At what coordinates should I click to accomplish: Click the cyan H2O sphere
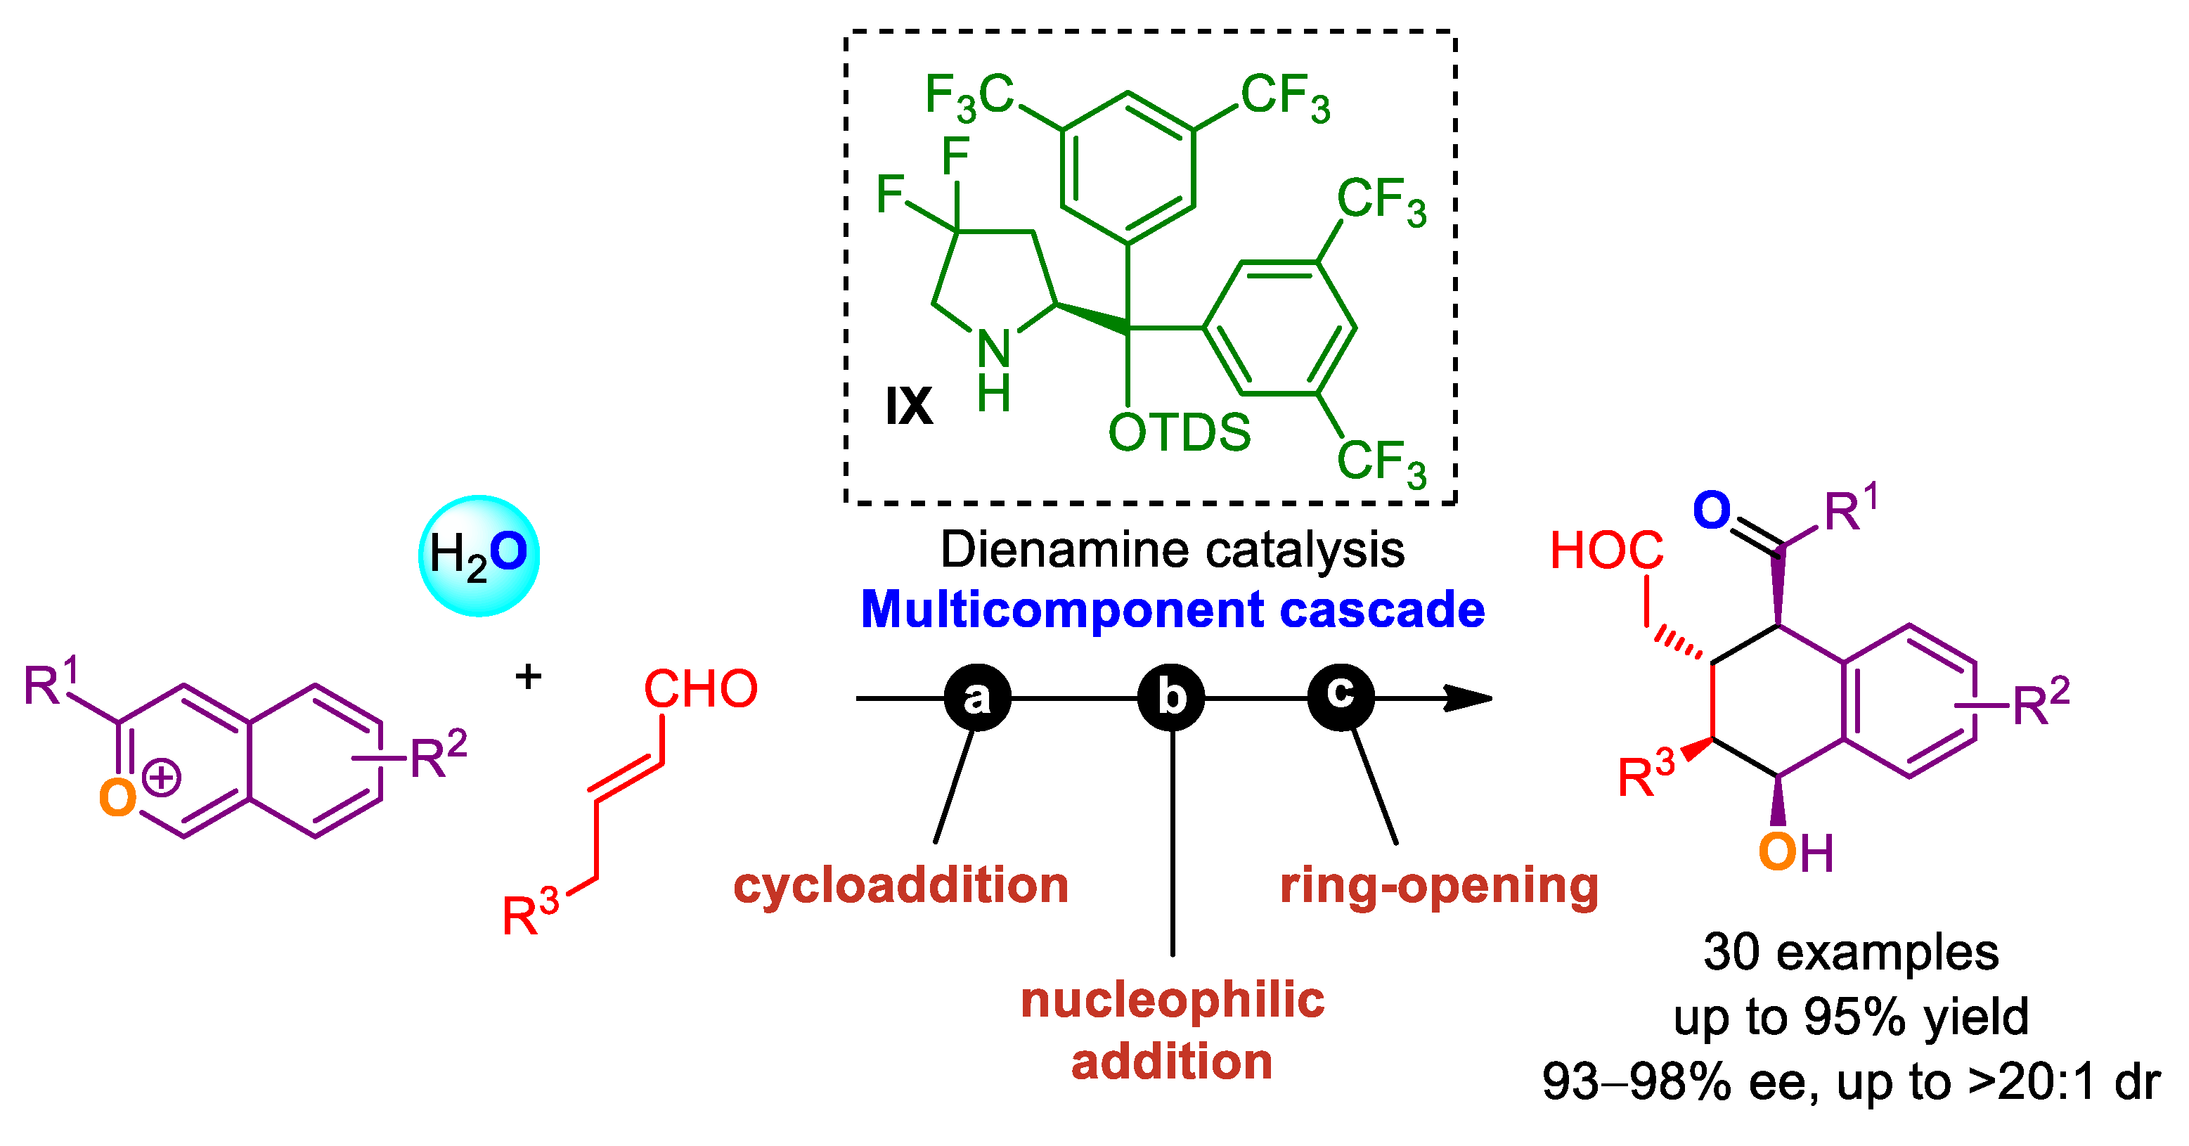tap(479, 555)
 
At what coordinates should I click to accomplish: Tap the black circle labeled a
tap(977, 697)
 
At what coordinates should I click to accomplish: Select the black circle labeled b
tap(1171, 697)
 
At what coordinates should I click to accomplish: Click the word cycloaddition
tap(900, 885)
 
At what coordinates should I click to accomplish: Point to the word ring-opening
tap(1439, 885)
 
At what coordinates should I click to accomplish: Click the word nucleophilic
tap(1172, 999)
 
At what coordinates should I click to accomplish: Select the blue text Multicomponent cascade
tap(1172, 610)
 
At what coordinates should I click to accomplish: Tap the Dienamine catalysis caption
tap(1172, 549)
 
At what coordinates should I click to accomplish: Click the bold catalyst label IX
tap(908, 406)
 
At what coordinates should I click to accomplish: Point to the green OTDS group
tap(1179, 432)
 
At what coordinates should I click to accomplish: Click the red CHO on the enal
tap(700, 688)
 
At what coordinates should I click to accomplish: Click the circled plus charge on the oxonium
tap(162, 777)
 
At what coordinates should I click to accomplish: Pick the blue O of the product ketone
tap(1712, 510)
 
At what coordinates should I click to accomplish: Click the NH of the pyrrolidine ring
tap(993, 370)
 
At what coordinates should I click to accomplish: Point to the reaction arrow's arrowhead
tap(1470, 698)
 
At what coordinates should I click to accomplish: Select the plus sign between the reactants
tap(529, 677)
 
